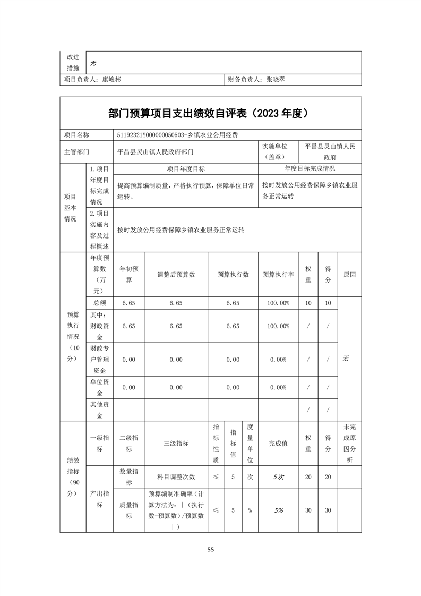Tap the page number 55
(211, 550)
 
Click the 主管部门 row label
(77, 151)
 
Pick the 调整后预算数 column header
(176, 275)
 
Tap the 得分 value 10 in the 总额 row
(328, 303)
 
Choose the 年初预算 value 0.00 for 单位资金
(128, 388)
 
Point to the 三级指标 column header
(176, 444)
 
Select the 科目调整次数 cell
(176, 477)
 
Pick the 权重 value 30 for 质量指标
(308, 510)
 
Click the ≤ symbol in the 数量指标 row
(216, 477)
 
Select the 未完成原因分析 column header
(349, 444)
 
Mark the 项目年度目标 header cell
(186, 169)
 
